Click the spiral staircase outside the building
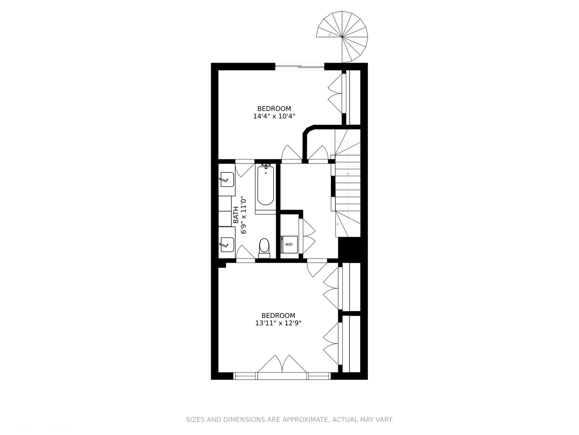343,37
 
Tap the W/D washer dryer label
289,244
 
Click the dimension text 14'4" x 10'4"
274,116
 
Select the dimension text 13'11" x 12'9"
278,323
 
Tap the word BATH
236,215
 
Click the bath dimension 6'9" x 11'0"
243,215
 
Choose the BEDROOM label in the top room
274,109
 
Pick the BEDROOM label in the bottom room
278,316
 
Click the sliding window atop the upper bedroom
300,67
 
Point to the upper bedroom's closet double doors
335,93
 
